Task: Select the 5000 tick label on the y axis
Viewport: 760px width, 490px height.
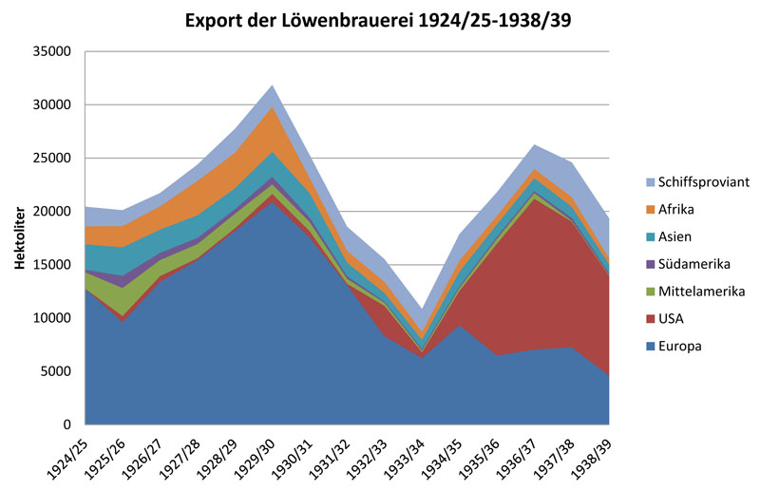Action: point(59,371)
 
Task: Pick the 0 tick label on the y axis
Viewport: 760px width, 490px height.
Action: point(69,424)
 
